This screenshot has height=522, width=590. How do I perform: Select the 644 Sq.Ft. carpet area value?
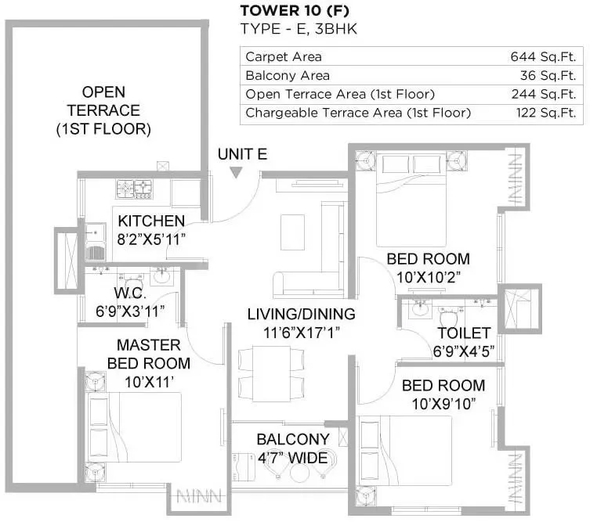point(542,57)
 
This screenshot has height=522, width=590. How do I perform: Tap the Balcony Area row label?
point(288,76)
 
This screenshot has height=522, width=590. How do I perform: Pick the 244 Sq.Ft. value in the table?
point(542,95)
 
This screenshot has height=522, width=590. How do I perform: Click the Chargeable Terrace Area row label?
point(358,113)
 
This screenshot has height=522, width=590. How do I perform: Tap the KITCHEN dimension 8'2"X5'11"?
point(151,239)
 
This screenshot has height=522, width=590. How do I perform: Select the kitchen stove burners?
point(134,188)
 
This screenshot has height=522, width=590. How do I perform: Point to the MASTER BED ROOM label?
point(148,354)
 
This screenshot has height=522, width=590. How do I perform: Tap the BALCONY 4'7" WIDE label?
point(292,448)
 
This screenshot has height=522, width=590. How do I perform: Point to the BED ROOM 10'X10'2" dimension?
point(428,275)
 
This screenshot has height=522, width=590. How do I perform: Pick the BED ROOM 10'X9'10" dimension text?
point(443,402)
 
